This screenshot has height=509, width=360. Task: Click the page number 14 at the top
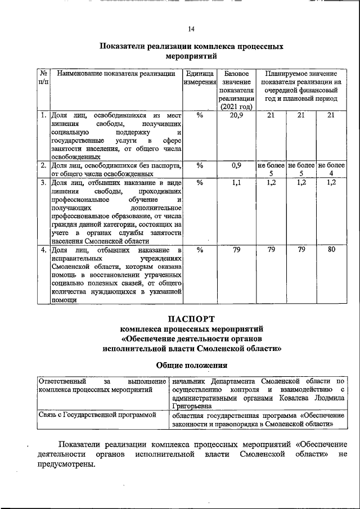tap(191, 29)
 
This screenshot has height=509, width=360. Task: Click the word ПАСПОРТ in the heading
tap(192, 318)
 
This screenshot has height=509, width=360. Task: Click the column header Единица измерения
tap(200, 78)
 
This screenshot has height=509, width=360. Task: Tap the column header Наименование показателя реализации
tap(116, 74)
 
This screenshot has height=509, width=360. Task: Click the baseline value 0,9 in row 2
tap(237, 165)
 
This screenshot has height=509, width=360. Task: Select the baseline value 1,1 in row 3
tap(237, 182)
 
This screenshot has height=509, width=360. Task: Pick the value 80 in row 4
tap(331, 249)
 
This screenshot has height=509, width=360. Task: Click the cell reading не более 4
tap(331, 169)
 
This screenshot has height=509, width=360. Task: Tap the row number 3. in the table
tap(43, 182)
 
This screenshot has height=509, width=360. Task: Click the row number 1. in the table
tap(43, 115)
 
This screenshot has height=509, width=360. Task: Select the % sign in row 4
tap(200, 250)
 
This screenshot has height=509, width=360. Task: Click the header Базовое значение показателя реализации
tap(237, 90)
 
